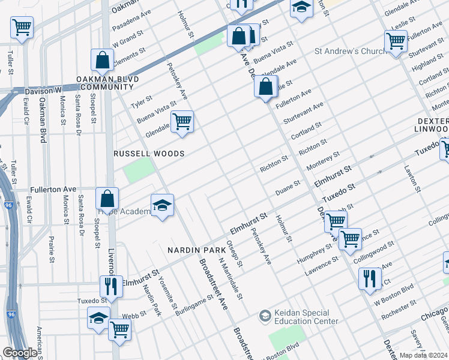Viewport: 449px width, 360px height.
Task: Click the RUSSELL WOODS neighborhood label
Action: click(149, 154)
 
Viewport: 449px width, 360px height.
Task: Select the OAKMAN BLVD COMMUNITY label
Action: click(107, 83)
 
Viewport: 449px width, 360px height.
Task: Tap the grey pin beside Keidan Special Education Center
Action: click(265, 316)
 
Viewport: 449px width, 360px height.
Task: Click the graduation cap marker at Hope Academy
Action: click(162, 206)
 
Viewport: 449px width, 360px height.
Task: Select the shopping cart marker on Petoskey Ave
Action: click(182, 122)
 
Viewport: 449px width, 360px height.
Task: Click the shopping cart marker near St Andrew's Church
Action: click(396, 41)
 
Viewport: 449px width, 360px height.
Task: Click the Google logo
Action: click(20, 353)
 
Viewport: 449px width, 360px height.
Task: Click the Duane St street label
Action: click(288, 187)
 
